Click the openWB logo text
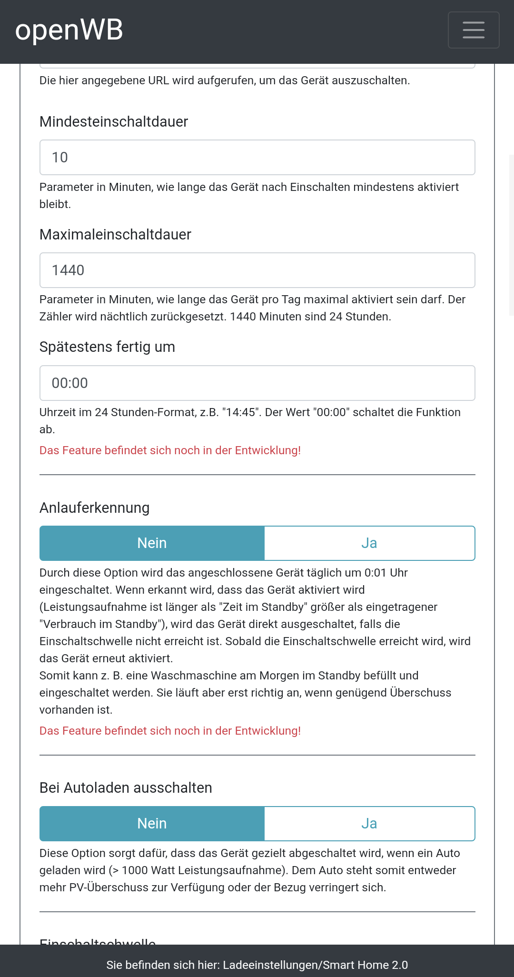pos(69,30)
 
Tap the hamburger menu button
pos(474,30)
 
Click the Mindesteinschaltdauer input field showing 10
pos(257,158)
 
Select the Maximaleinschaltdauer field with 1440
pos(257,270)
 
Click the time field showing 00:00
pos(257,383)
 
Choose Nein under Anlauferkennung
pos(152,543)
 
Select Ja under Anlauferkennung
pos(369,543)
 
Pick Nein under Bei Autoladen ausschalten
pos(152,824)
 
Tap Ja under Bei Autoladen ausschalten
pos(369,824)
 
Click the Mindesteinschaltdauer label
pos(114,122)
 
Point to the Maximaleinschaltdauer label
pos(115,235)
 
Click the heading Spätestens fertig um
pos(107,347)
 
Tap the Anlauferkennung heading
pos(94,508)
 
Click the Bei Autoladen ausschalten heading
pos(126,788)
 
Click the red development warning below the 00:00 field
pos(170,450)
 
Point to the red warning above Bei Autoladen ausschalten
pos(170,731)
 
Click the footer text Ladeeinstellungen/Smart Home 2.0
pos(315,965)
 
